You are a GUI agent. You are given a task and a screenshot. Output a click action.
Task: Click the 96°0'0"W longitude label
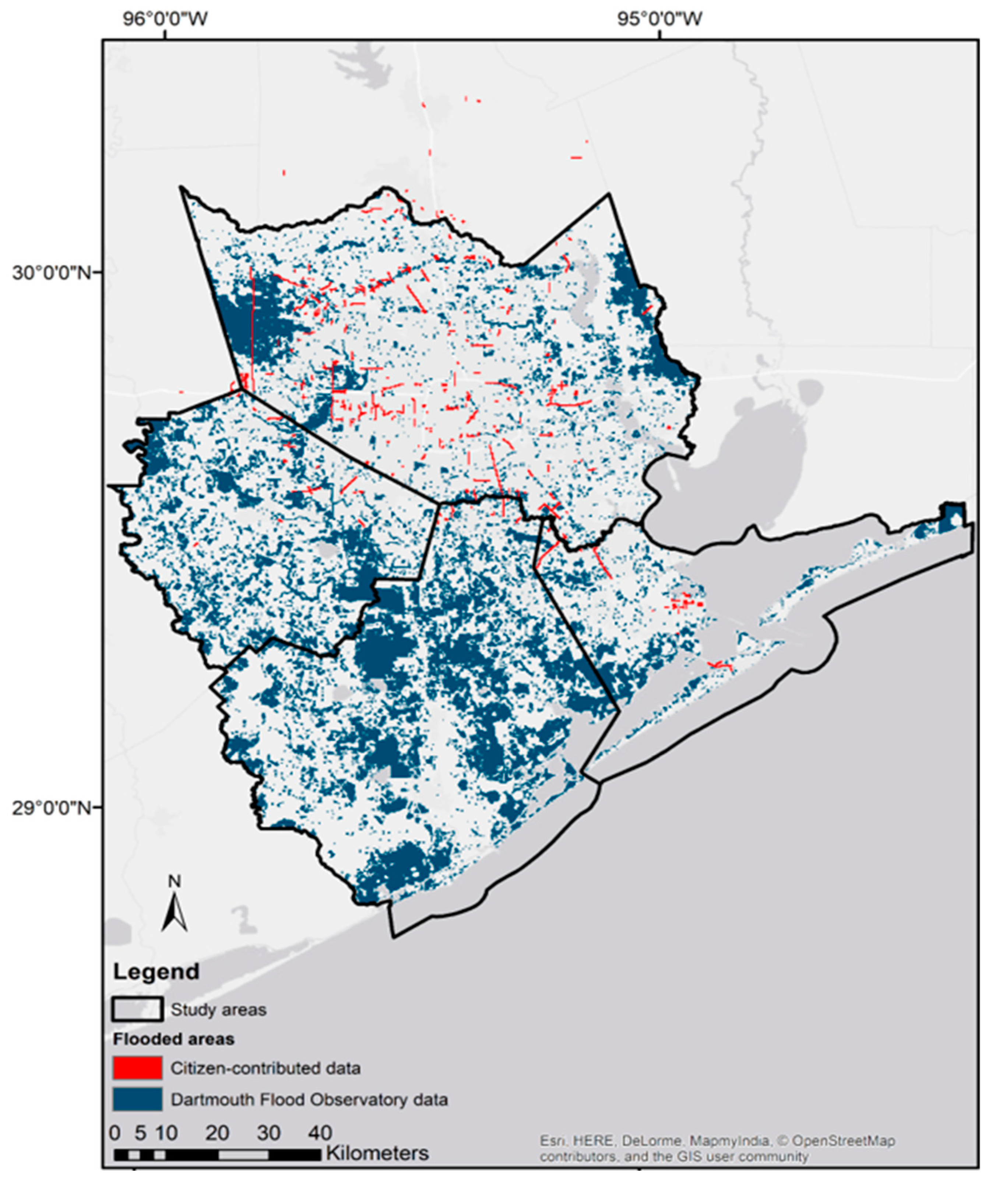[165, 19]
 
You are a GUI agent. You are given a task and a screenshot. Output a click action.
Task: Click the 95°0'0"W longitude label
[659, 19]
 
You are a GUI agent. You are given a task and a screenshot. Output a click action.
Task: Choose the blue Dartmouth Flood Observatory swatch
[138, 1099]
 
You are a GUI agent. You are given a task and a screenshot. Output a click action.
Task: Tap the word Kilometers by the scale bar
[377, 1152]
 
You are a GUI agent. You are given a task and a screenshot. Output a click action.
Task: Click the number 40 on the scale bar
[320, 1132]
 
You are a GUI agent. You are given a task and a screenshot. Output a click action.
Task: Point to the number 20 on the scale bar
[217, 1132]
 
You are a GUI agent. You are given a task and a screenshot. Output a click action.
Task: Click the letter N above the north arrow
[175, 881]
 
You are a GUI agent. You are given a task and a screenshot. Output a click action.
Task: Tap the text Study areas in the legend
[218, 1009]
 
